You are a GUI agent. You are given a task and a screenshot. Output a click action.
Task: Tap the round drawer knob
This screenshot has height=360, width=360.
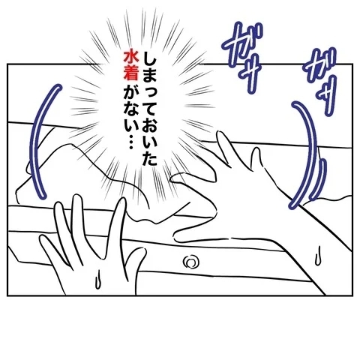click(190, 262)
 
